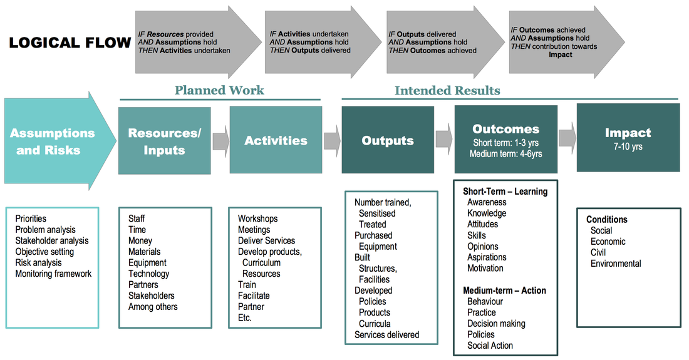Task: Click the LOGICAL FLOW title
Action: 70,43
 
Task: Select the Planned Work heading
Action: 219,90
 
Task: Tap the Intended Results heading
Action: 447,90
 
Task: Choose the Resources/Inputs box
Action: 164,140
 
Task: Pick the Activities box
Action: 276,140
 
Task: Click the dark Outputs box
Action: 388,140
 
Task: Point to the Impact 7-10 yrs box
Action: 628,138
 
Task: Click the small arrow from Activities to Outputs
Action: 332,141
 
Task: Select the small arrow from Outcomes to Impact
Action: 567,138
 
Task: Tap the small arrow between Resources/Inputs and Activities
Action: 221,141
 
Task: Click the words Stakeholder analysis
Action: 52,240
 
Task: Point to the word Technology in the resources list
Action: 148,274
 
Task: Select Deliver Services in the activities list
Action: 266,240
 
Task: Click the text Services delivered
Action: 386,334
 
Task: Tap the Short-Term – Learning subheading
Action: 505,192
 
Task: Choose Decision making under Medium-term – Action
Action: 496,324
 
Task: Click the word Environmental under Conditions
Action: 616,264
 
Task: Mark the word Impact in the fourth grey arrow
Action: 560,54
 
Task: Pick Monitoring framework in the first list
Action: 53,274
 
